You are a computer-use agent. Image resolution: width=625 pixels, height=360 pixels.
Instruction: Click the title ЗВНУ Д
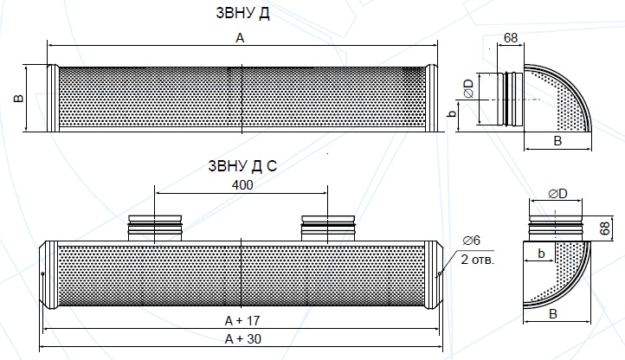point(242,13)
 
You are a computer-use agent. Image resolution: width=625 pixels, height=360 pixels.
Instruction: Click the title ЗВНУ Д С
point(242,166)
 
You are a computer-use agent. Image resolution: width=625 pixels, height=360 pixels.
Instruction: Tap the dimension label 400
point(242,185)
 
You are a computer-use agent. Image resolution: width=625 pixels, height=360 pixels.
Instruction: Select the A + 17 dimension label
point(242,320)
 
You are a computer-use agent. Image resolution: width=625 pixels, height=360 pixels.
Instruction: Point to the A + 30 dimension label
point(242,339)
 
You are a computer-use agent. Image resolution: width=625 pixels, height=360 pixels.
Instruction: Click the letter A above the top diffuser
point(240,38)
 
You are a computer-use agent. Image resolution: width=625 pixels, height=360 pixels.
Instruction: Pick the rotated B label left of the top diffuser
point(19,98)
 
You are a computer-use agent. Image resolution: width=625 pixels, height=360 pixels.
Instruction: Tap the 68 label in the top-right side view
point(511,37)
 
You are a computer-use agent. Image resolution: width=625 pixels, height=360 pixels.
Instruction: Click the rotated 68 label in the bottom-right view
point(605,228)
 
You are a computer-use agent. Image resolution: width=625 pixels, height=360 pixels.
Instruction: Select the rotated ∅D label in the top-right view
point(469,88)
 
